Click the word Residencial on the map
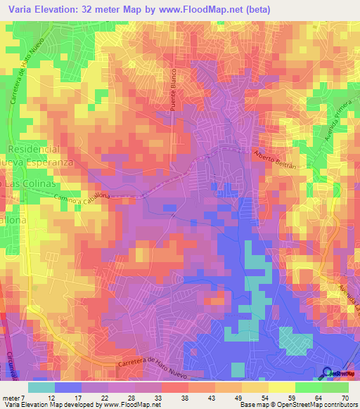(x=33, y=150)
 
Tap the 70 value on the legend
(x=345, y=398)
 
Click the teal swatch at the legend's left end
(x=41, y=387)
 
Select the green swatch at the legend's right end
(x=335, y=387)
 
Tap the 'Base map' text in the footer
(x=252, y=405)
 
